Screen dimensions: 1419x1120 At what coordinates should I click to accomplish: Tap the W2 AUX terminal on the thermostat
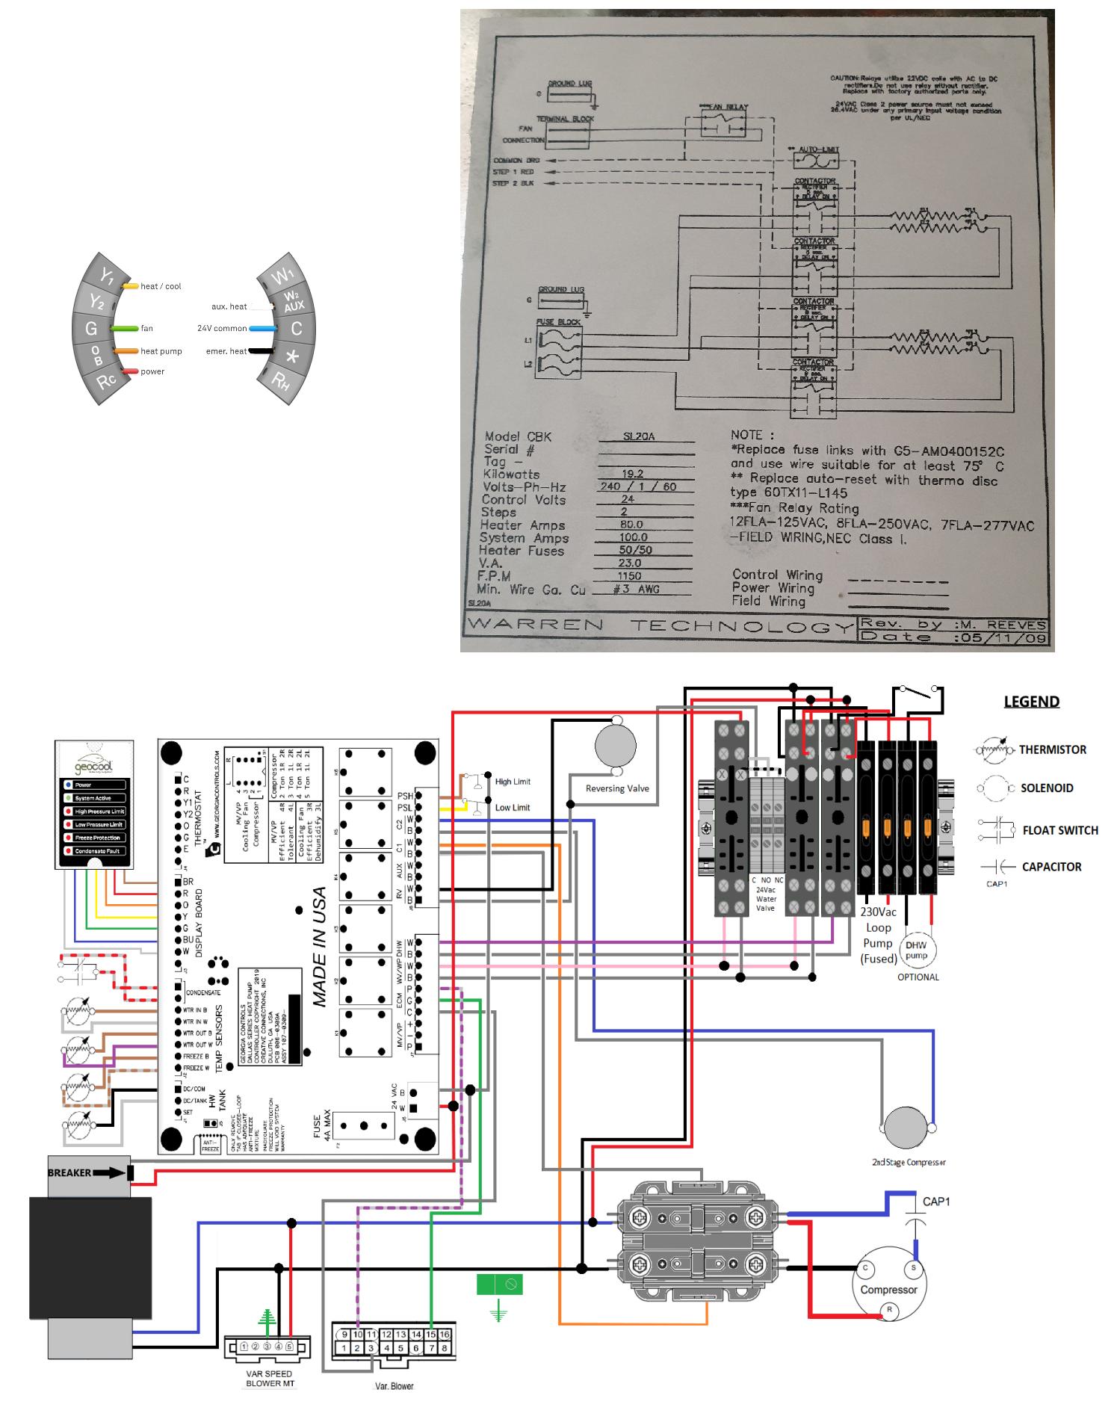(294, 301)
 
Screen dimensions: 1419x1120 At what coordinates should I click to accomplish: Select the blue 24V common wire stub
(263, 328)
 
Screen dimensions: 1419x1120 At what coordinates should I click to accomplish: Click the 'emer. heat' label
(226, 351)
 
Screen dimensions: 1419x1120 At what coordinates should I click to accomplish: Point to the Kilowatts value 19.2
(632, 474)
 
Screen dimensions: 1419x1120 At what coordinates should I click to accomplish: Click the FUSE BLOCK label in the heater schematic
(558, 322)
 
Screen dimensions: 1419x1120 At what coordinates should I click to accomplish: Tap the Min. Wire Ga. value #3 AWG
(636, 589)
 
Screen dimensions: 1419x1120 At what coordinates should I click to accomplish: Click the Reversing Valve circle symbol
(616, 746)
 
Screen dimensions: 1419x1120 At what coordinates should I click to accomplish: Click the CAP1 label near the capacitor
(936, 1202)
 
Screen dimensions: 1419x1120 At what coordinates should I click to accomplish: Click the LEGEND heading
(1031, 702)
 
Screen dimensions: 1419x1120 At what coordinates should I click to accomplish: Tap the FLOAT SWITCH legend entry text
(1059, 830)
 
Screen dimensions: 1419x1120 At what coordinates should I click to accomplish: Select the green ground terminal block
(499, 1284)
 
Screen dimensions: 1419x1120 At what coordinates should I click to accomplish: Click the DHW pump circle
(916, 950)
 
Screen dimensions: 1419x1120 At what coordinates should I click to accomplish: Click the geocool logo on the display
(94, 765)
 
